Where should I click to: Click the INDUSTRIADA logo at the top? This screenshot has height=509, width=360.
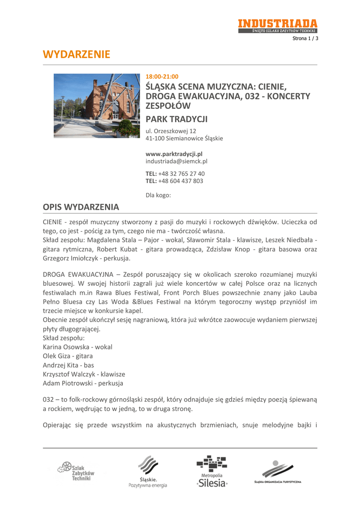(277, 26)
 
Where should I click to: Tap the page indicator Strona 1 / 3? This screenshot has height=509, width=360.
(305, 38)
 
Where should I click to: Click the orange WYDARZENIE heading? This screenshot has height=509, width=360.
(77, 54)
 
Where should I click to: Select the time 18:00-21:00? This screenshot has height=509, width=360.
(162, 77)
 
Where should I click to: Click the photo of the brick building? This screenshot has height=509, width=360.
(96, 105)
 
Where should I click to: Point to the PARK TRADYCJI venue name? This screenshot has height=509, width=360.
(176, 119)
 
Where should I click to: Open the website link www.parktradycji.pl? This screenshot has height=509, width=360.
(174, 154)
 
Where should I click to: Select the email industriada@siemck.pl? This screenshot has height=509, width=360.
(176, 162)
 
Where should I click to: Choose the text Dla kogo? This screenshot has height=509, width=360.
(158, 195)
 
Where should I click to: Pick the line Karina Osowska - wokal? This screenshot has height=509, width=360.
(78, 347)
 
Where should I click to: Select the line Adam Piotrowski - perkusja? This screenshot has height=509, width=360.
(83, 383)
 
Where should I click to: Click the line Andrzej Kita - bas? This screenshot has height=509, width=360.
(69, 365)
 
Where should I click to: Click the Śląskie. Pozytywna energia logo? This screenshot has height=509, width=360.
(148, 472)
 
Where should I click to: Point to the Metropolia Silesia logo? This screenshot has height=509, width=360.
(212, 471)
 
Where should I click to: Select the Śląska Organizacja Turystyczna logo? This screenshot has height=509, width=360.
(278, 472)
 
